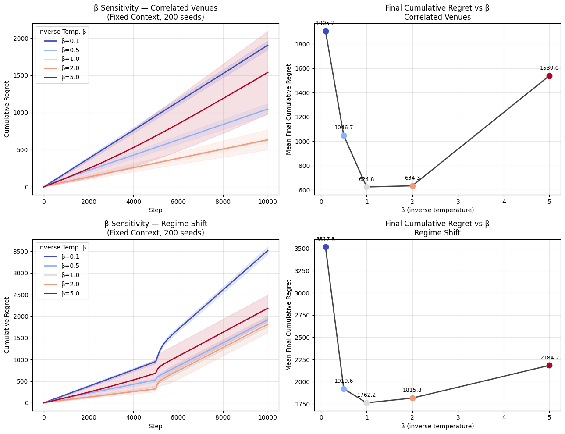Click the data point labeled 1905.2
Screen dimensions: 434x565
click(326, 31)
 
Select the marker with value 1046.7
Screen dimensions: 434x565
click(344, 135)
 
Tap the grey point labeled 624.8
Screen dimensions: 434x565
click(366, 187)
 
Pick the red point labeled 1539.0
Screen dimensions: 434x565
click(549, 76)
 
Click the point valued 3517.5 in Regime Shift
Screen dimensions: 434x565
click(326, 247)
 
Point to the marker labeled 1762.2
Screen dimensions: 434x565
click(366, 403)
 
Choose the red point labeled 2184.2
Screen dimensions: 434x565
click(549, 365)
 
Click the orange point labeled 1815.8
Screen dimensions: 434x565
click(412, 398)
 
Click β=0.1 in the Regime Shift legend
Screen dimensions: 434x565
click(70, 256)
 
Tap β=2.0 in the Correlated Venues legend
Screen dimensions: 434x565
click(70, 68)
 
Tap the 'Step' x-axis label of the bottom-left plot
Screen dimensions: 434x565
click(156, 426)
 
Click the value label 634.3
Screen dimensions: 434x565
click(412, 178)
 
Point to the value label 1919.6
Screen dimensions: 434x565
click(344, 381)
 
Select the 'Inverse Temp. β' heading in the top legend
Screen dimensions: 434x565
click(62, 32)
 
